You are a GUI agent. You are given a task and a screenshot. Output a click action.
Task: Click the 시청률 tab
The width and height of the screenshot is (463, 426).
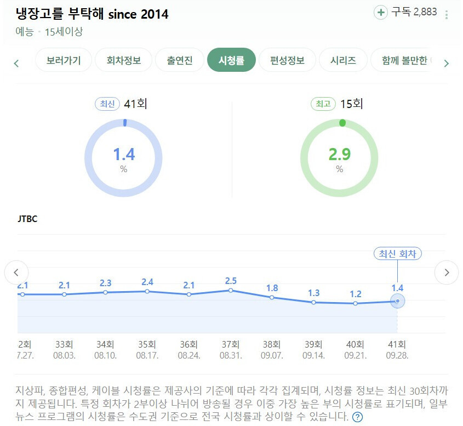pyautogui.click(x=231, y=60)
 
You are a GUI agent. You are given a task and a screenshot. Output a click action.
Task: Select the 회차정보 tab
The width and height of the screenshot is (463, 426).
pyautogui.click(x=124, y=60)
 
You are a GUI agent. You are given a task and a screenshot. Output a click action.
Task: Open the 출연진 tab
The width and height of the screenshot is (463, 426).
pyautogui.click(x=180, y=60)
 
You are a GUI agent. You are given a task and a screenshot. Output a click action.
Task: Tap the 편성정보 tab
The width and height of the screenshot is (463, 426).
pyautogui.click(x=287, y=60)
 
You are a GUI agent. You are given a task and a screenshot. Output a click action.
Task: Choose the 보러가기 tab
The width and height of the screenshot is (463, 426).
pyautogui.click(x=64, y=60)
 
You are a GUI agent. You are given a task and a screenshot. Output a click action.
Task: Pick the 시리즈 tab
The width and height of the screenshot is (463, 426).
pyautogui.click(x=343, y=60)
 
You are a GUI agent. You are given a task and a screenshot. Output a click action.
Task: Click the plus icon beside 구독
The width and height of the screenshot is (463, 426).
pyautogui.click(x=380, y=12)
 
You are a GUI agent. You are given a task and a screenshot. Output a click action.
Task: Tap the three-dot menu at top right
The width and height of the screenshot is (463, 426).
pyautogui.click(x=447, y=15)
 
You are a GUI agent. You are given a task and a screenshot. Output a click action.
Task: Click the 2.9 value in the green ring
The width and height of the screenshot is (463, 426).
pyautogui.click(x=340, y=154)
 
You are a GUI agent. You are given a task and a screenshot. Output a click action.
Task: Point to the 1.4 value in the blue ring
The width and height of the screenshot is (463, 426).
pyautogui.click(x=124, y=154)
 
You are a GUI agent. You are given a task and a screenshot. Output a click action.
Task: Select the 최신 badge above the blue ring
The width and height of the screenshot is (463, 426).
pyautogui.click(x=107, y=104)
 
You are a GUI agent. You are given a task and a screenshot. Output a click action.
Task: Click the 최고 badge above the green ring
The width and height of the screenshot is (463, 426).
pyautogui.click(x=323, y=104)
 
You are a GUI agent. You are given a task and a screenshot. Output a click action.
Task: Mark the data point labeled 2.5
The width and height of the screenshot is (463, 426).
pyautogui.click(x=231, y=290)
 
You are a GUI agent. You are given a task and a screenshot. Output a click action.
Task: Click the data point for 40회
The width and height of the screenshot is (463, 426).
pyautogui.click(x=356, y=303)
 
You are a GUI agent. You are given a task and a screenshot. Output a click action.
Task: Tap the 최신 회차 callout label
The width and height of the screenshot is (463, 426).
pyautogui.click(x=397, y=254)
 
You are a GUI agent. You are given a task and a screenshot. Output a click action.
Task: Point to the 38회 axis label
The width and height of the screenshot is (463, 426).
pyautogui.click(x=272, y=345)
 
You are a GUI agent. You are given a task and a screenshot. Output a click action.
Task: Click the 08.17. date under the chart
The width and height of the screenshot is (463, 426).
pyautogui.click(x=147, y=355)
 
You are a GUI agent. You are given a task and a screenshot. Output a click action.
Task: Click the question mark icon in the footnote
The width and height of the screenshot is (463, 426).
pyautogui.click(x=357, y=417)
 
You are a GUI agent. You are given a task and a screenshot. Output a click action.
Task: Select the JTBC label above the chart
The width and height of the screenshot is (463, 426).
pyautogui.click(x=27, y=219)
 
